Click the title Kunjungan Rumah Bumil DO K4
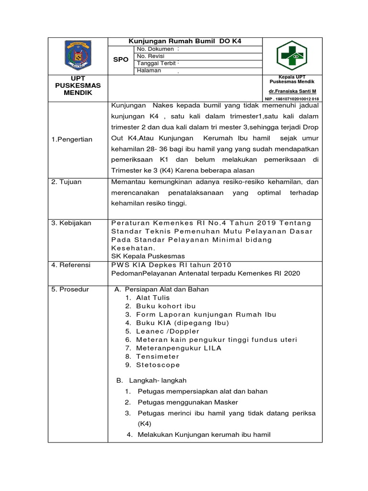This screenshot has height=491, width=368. coord(185,41)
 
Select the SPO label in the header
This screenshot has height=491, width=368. coord(120,60)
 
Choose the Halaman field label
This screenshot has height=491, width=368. coord(149,71)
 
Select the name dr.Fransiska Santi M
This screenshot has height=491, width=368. coord(292,91)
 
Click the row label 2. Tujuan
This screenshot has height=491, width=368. coord(67,182)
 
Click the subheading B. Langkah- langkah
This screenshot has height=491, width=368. coord(152,380)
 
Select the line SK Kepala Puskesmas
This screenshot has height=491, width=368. coord(148,256)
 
